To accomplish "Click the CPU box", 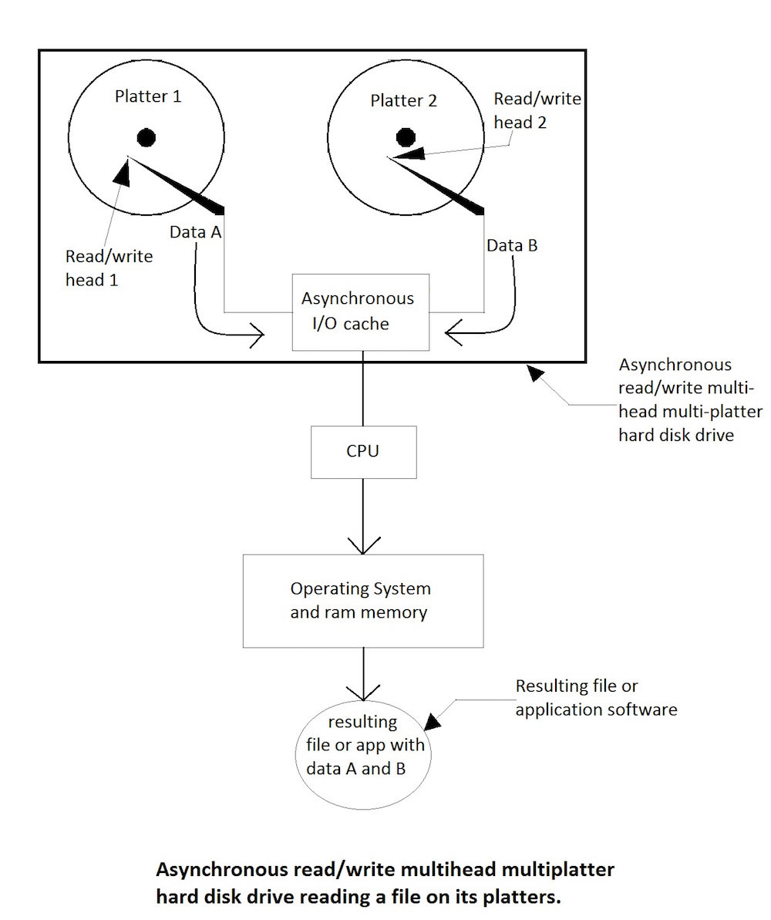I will click(363, 451).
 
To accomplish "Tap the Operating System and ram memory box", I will click(362, 600).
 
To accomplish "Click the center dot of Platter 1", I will click(146, 138).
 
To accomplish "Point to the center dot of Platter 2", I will click(406, 138).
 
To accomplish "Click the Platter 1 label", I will click(148, 96).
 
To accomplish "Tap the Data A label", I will click(196, 231).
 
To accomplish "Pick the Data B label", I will click(512, 246).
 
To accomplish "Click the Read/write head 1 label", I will click(109, 268).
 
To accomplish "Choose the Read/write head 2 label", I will click(537, 110).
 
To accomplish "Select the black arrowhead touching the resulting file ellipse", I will click(433, 721).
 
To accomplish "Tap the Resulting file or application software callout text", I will click(595, 697).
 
